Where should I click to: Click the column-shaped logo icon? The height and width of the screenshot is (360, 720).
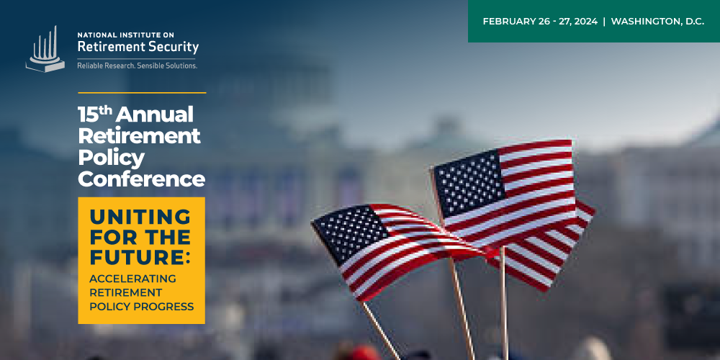[x=45, y=50]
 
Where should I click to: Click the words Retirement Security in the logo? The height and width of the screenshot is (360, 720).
[x=138, y=47]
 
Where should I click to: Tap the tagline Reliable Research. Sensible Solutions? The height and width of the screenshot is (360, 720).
[x=138, y=66]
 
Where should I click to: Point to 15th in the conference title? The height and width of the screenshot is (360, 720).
[x=94, y=114]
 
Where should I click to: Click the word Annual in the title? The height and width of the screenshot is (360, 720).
[x=154, y=114]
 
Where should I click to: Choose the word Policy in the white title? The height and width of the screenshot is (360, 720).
[x=111, y=159]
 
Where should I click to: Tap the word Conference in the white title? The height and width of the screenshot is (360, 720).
[x=141, y=179]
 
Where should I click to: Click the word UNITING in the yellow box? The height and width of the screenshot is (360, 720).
[x=140, y=217]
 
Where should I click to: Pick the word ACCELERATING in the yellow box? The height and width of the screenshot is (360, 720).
[x=132, y=279]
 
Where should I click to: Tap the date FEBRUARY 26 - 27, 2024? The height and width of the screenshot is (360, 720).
[x=540, y=22]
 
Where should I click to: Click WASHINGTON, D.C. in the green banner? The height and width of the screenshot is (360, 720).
[x=657, y=22]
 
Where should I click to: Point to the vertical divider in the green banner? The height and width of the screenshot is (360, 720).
[x=604, y=22]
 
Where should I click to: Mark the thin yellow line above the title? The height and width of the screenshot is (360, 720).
[x=142, y=93]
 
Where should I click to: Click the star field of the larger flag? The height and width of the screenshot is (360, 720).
[x=469, y=183]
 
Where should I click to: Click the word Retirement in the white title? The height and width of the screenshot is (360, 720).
[x=139, y=136]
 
